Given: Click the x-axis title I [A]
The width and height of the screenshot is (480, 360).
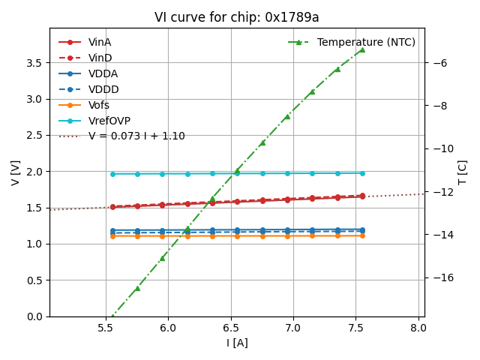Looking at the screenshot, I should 237,343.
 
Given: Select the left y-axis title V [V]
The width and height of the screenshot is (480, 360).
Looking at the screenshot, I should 16,172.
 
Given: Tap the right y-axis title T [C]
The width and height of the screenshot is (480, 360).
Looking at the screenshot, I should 462,172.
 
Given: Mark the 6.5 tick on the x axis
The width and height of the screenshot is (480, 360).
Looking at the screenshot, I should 230,327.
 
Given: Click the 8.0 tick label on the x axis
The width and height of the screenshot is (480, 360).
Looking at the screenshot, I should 418,327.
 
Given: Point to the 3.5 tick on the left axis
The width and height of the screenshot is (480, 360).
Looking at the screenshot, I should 34,62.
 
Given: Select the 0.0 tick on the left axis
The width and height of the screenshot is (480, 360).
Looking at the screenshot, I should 34,316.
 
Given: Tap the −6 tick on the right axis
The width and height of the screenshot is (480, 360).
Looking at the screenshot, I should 437,62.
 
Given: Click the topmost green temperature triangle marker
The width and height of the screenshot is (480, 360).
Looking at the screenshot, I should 362,50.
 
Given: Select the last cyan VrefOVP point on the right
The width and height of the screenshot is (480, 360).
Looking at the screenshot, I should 362,173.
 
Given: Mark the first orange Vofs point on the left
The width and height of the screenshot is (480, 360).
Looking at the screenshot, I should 112,236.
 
